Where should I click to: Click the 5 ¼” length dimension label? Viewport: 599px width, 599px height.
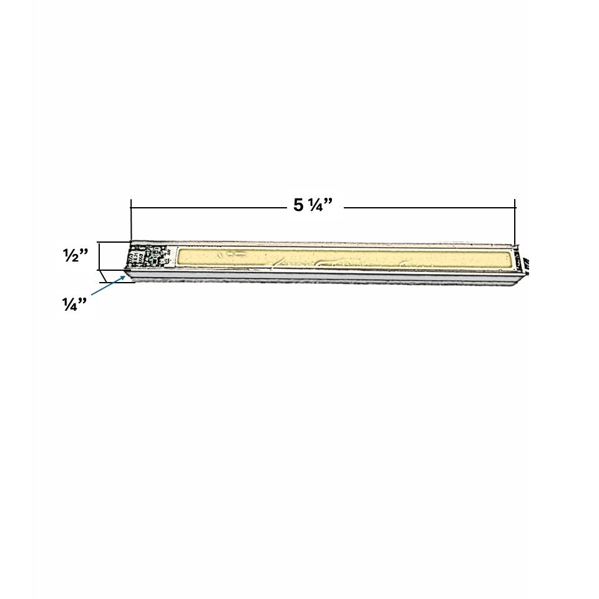click(x=313, y=205)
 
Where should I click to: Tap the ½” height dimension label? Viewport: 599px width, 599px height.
click(x=75, y=255)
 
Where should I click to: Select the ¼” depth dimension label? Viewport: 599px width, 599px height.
click(x=74, y=304)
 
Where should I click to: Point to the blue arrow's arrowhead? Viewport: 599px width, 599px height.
click(x=122, y=277)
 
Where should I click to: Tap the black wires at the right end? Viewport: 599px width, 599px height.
click(x=525, y=263)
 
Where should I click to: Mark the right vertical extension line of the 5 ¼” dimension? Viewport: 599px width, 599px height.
click(x=515, y=222)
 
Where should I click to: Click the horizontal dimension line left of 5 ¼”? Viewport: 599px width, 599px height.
click(x=209, y=208)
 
